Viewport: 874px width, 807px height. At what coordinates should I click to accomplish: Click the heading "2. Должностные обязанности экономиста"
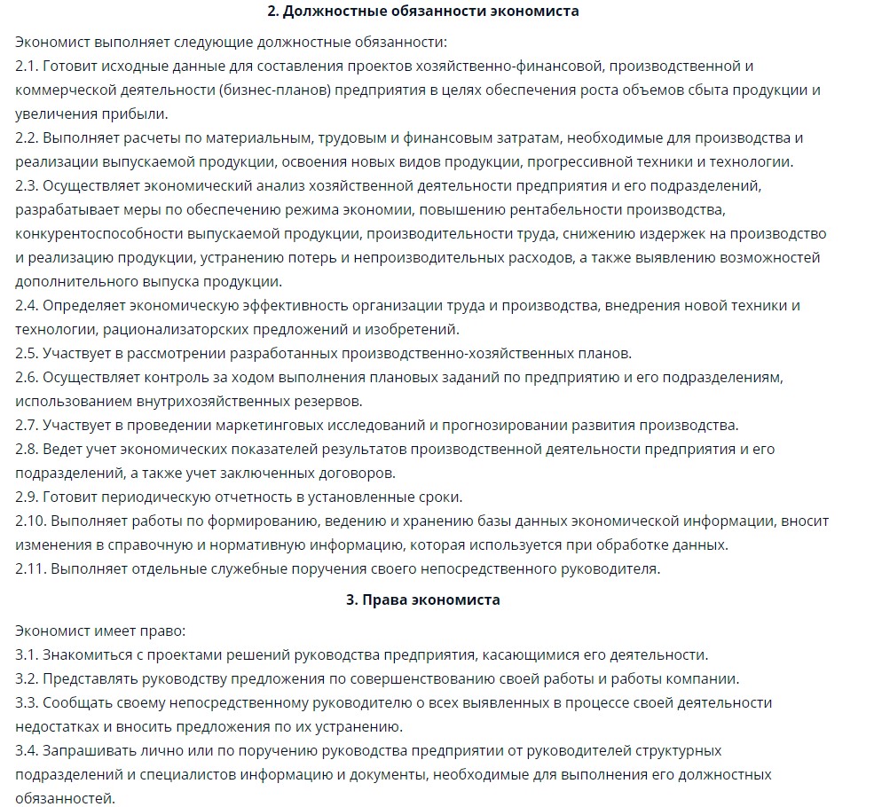pyautogui.click(x=422, y=12)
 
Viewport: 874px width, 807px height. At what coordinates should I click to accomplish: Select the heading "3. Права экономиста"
pyautogui.click(x=422, y=600)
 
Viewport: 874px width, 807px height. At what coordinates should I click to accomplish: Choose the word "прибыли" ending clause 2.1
pyautogui.click(x=138, y=114)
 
